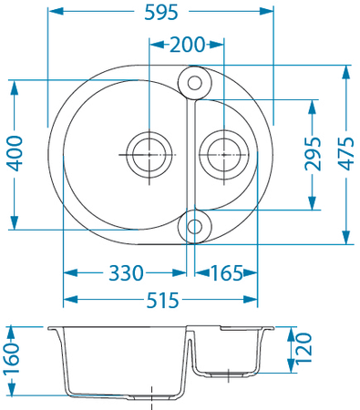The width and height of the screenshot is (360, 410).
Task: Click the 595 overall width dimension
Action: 161,13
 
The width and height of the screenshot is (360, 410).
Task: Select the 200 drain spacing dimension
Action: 187,45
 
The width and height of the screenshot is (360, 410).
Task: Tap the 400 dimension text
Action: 15,154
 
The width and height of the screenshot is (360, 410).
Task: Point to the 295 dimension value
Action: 313,154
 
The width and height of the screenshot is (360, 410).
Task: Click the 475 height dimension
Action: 346,154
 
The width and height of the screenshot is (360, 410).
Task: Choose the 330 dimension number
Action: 126,272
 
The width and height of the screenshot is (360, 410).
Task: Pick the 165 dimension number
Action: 226,272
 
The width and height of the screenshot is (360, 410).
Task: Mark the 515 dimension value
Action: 163,300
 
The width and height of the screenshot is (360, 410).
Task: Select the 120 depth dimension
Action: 303,348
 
